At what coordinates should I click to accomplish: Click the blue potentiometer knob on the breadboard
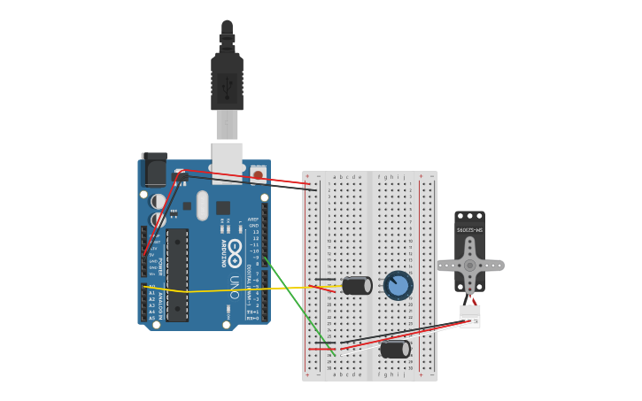point(398,285)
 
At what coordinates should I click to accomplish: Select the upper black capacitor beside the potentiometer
point(357,285)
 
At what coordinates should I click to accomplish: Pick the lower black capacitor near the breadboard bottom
point(395,350)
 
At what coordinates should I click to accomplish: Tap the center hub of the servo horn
point(469,266)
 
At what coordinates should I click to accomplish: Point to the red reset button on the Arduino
point(258,175)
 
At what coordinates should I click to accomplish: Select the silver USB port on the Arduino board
point(227,159)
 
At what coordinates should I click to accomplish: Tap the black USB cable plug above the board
point(227,84)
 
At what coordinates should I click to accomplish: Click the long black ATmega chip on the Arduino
point(177,274)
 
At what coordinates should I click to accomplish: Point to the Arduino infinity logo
point(235,252)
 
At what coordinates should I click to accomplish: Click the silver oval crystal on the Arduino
point(202,205)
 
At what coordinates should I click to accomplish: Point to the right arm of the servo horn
point(494,266)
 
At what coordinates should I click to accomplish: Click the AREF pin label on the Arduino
point(252,219)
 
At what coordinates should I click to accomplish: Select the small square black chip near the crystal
point(223,208)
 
